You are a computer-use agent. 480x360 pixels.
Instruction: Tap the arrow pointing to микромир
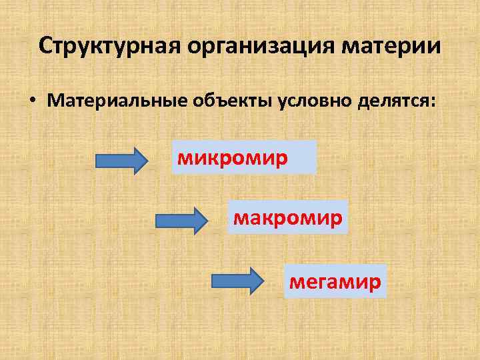point(123,161)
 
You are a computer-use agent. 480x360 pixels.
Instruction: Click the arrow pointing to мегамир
point(237,280)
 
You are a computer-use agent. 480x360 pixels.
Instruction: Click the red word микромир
point(232,159)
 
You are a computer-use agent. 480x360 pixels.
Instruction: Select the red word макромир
point(287,217)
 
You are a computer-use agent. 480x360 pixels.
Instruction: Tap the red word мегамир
point(335,281)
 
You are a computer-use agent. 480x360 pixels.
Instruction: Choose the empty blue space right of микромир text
point(303,158)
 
